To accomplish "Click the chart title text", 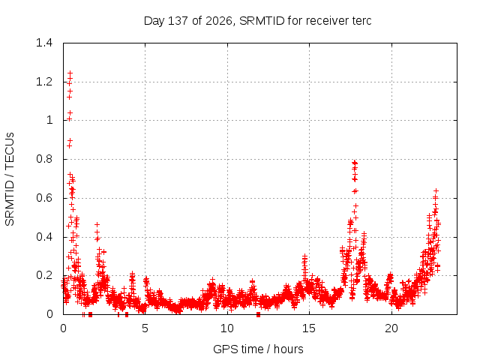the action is pos(257,21).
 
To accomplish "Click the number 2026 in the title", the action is pos(218,21).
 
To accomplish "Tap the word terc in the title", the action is pos(361,21).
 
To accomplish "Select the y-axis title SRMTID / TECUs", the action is pos(10,179).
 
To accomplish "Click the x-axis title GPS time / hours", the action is pos(258,349).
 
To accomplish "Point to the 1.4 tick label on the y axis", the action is pos(44,43).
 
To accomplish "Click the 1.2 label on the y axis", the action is pos(44,82).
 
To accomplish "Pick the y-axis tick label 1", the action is pos(49,120).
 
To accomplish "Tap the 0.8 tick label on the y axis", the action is pos(44,159).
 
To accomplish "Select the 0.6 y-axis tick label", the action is pos(44,198).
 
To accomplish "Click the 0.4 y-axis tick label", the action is pos(44,237).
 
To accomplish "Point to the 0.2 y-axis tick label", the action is pos(44,275).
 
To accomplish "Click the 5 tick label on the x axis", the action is pos(145,328).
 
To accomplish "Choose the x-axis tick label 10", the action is pos(226,328).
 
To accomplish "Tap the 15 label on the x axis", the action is pos(309,328).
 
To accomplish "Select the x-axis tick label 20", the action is pos(391,328).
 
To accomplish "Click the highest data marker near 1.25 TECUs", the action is pos(70,73).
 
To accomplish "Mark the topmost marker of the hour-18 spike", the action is pos(355,162).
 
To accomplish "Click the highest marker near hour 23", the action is pos(436,190).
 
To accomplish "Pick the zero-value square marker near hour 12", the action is pos(258,314).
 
